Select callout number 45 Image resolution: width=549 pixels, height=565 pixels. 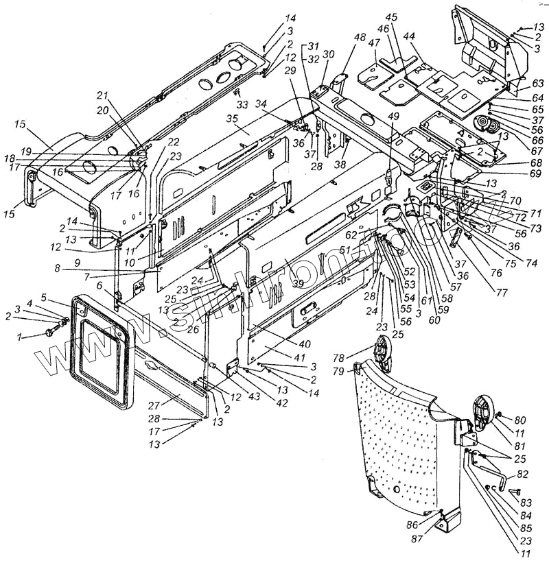[x=391, y=16]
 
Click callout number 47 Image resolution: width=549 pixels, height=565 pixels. [x=375, y=43]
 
